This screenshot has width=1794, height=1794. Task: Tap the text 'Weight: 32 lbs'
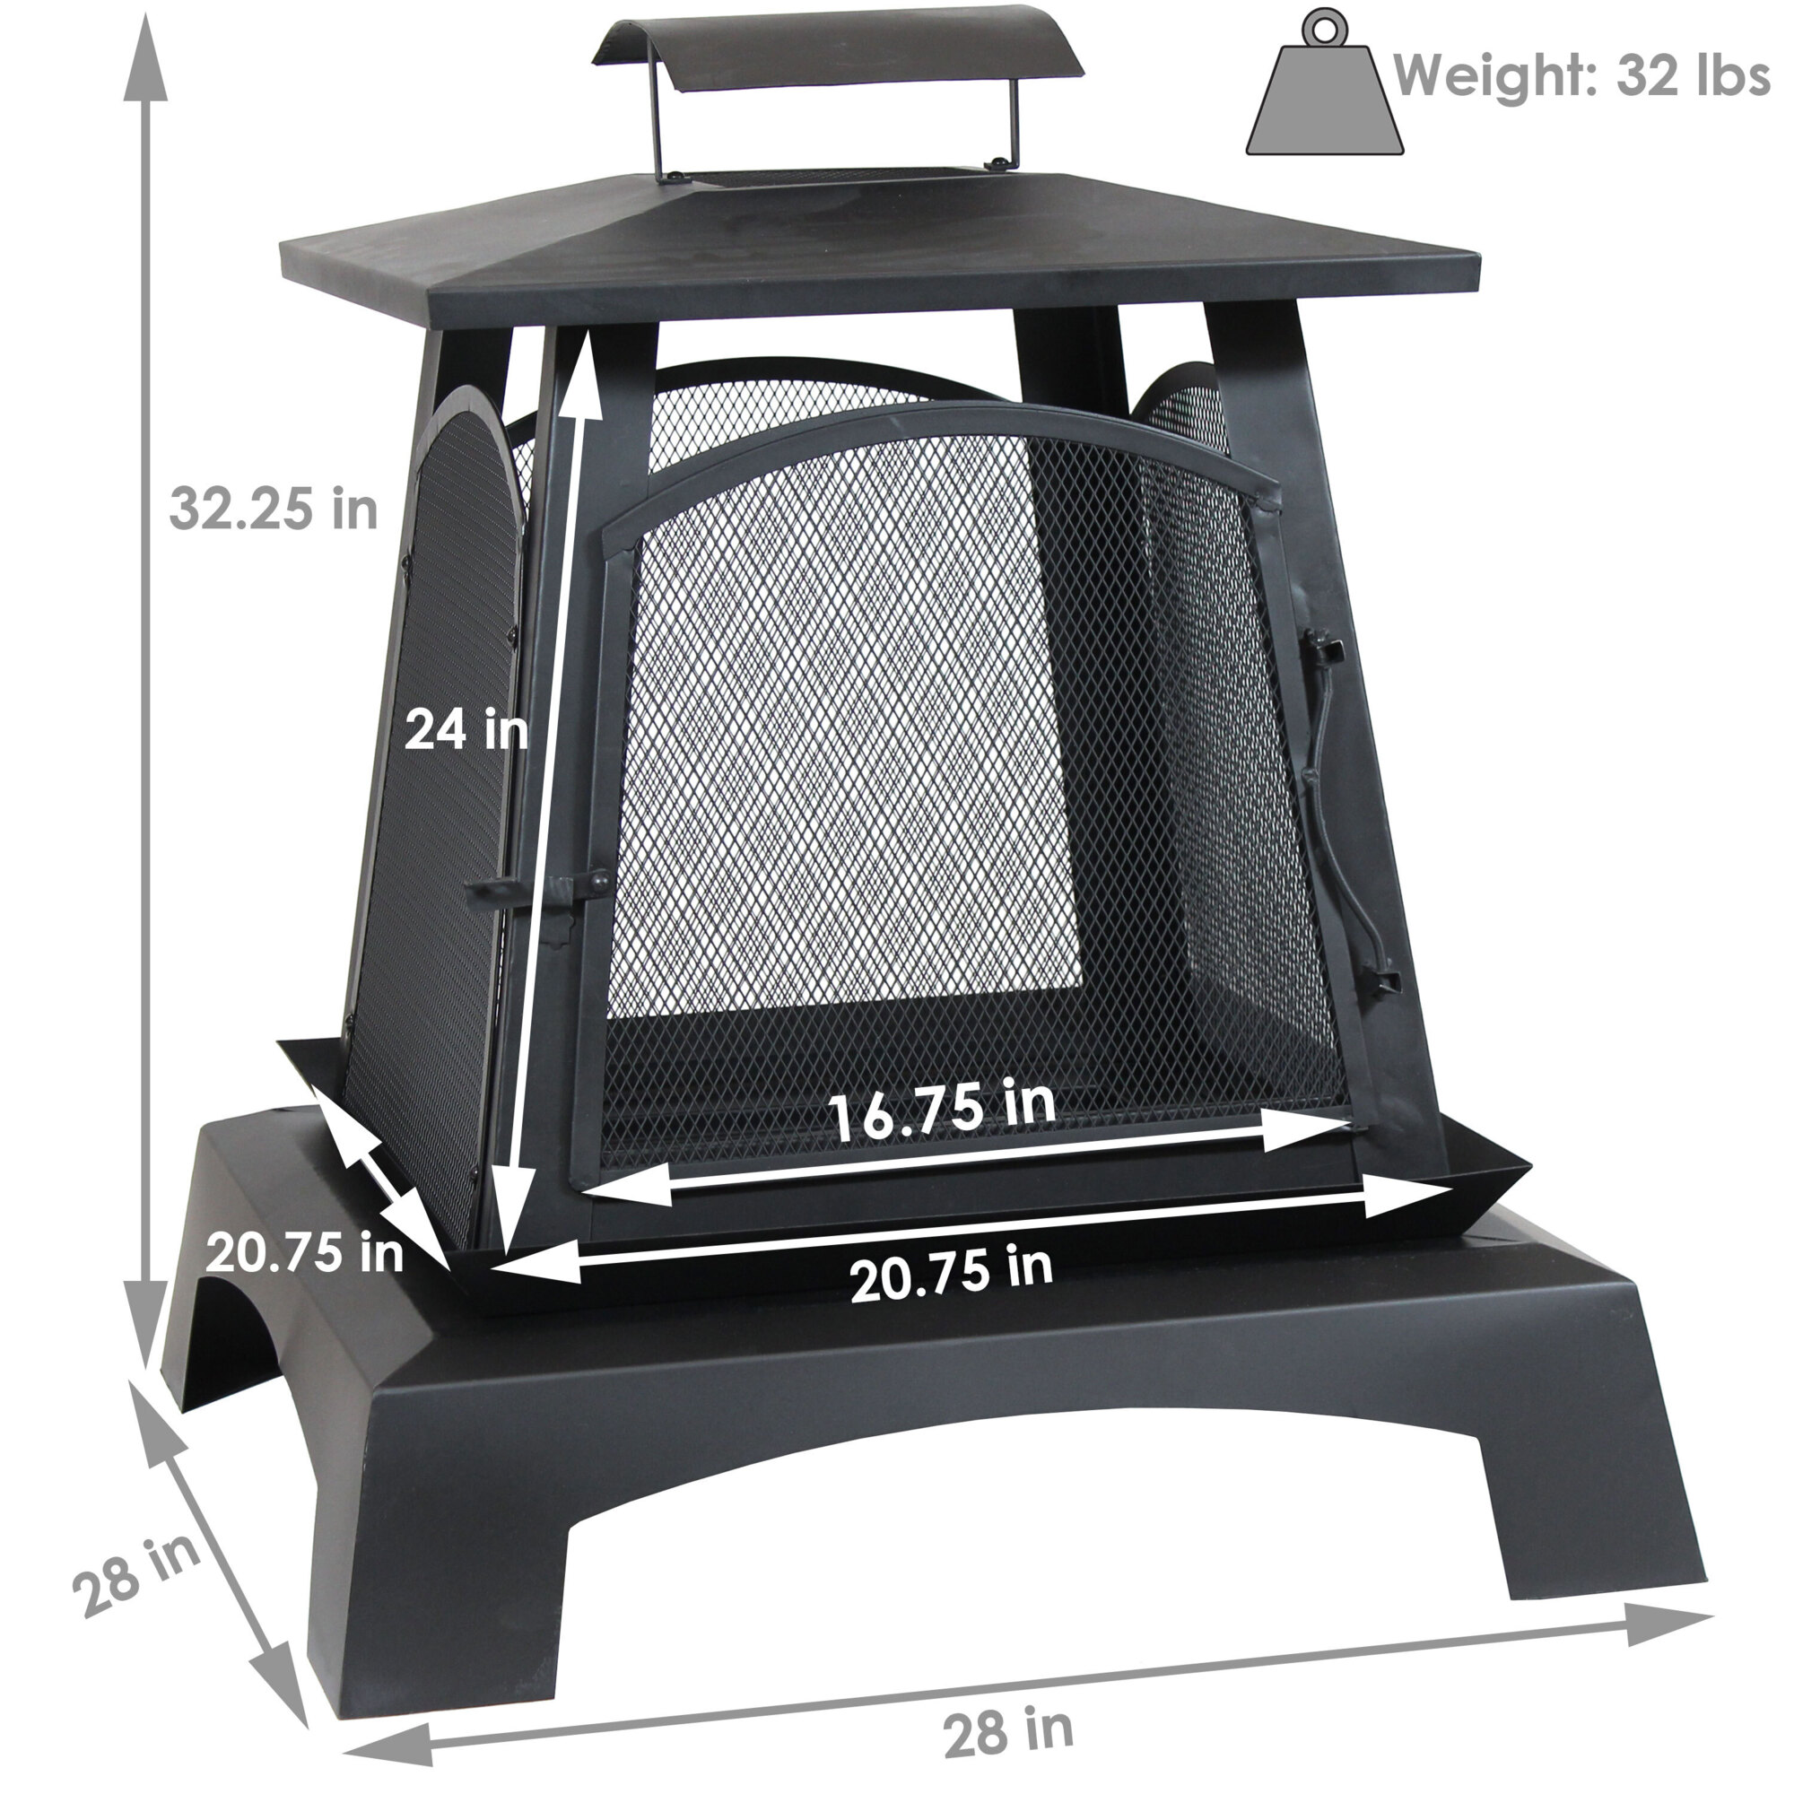1581,75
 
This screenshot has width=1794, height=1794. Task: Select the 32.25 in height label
274,509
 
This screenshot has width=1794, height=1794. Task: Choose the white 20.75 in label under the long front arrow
951,1275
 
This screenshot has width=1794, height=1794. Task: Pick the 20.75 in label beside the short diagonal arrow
305,1251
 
